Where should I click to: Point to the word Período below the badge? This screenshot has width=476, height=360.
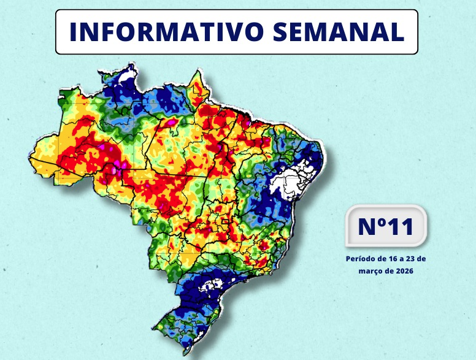(x=360, y=259)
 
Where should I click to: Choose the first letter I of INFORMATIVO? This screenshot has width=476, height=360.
(x=72, y=32)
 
